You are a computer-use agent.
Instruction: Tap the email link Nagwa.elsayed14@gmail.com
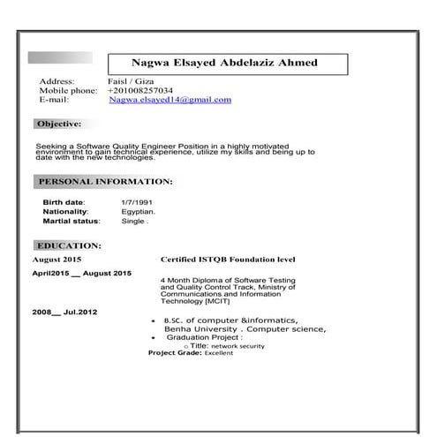click(170, 100)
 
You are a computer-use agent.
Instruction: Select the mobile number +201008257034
click(139, 90)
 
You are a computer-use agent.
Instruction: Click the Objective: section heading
click(59, 124)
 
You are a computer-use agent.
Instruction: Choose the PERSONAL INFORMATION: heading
click(105, 181)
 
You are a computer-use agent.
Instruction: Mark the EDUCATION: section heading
click(69, 245)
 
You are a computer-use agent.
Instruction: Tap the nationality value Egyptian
click(139, 212)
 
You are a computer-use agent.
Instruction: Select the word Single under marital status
click(132, 222)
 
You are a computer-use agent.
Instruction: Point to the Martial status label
click(69, 222)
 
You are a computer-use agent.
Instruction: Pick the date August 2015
click(57, 260)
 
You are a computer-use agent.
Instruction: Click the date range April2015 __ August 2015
click(81, 274)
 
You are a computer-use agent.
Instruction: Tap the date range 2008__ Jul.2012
click(64, 312)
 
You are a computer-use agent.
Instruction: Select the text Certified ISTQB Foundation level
click(228, 260)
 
